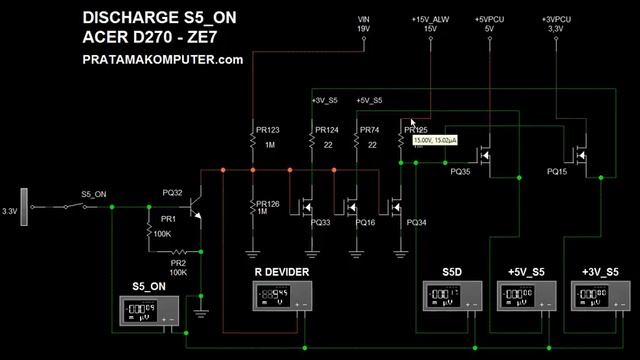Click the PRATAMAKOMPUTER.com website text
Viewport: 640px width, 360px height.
(163, 60)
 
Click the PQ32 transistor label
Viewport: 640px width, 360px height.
(172, 193)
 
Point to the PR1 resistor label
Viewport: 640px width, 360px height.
(168, 217)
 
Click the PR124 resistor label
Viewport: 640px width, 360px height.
(327, 130)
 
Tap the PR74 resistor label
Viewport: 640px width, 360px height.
(369, 130)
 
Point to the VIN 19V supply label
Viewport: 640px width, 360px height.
(365, 24)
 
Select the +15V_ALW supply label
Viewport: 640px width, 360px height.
(430, 24)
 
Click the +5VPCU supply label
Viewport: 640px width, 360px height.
(489, 24)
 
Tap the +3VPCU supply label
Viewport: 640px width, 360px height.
(557, 24)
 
